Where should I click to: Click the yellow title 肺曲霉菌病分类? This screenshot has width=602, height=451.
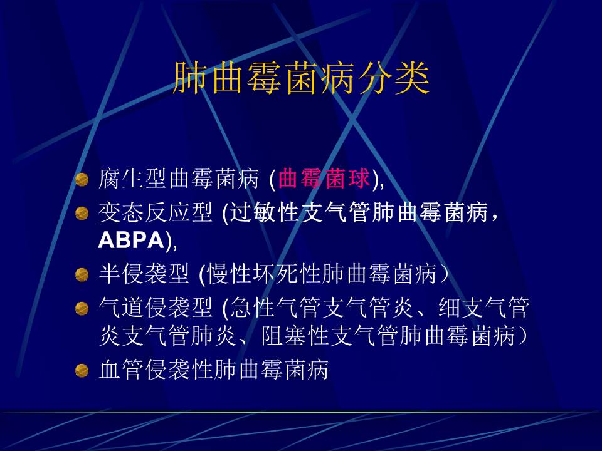pyautogui.click(x=301, y=78)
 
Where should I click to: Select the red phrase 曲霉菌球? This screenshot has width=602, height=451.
pyautogui.click(x=324, y=179)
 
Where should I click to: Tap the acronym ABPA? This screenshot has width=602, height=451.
pyautogui.click(x=131, y=240)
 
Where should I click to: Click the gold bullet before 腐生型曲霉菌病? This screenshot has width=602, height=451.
pyautogui.click(x=82, y=180)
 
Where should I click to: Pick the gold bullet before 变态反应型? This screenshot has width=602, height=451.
pyautogui.click(x=82, y=213)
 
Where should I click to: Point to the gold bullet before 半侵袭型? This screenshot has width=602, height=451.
pyautogui.click(x=82, y=274)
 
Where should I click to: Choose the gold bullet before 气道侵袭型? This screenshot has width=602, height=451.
pyautogui.click(x=82, y=308)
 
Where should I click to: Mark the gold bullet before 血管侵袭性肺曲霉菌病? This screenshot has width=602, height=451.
pyautogui.click(x=82, y=370)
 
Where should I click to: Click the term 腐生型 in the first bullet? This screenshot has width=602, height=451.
pyautogui.click(x=133, y=179)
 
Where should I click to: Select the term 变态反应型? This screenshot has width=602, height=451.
pyautogui.click(x=156, y=212)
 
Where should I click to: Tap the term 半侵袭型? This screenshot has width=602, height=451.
pyautogui.click(x=144, y=274)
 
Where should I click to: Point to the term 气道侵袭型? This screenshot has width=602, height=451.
pyautogui.click(x=156, y=308)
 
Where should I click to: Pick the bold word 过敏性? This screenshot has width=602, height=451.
pyautogui.click(x=264, y=212)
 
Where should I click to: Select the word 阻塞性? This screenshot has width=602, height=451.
pyautogui.click(x=295, y=336)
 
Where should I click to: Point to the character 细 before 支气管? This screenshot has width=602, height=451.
pyautogui.click(x=449, y=308)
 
